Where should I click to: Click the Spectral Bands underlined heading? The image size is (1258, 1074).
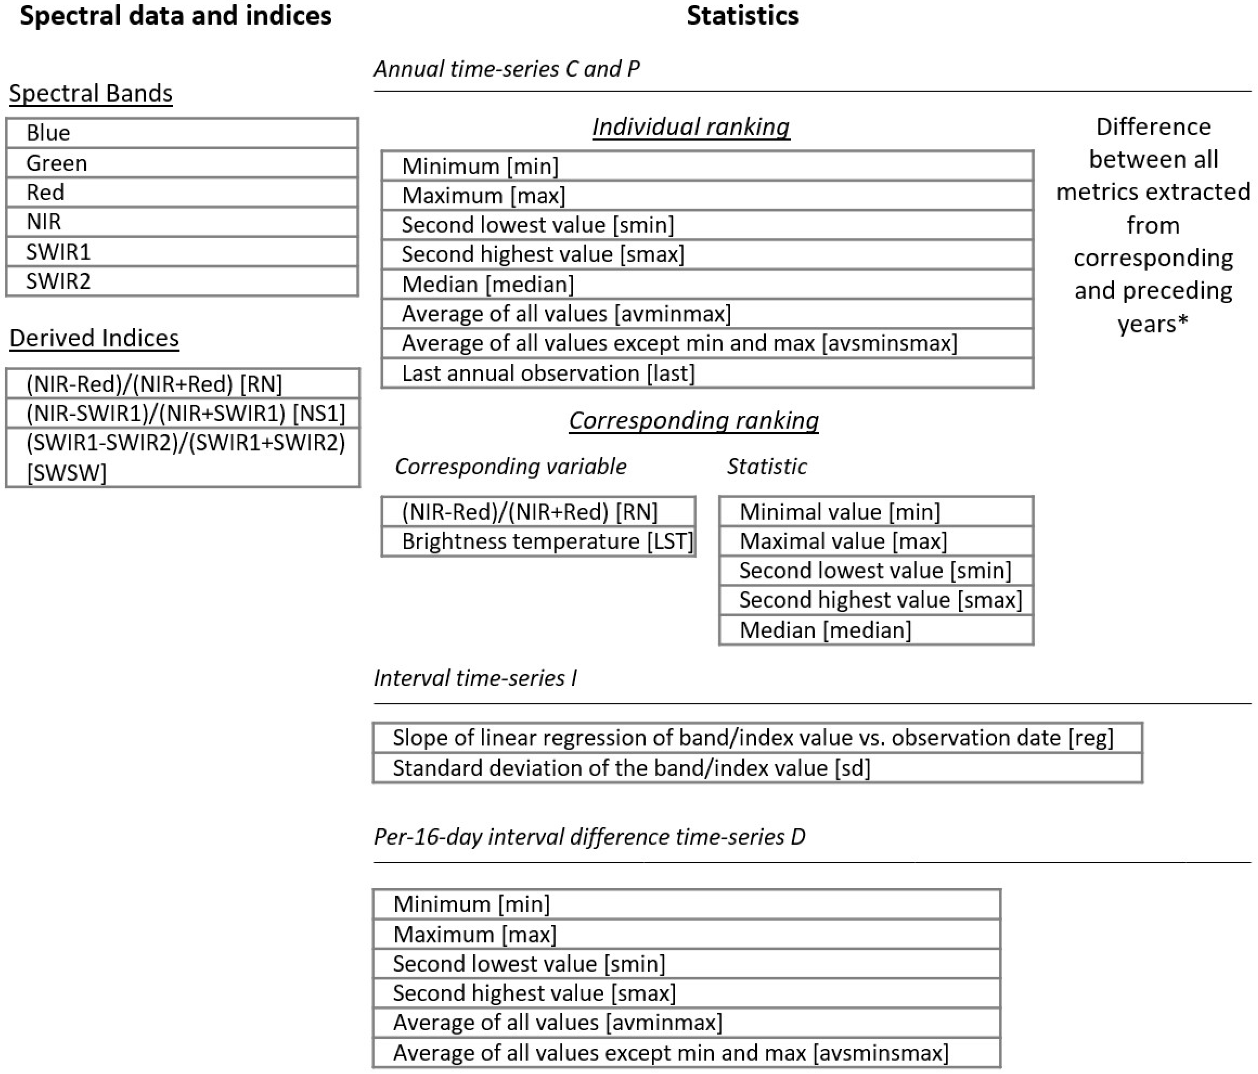click(x=91, y=93)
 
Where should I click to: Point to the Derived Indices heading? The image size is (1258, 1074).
click(x=94, y=338)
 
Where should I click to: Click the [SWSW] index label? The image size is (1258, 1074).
click(x=67, y=472)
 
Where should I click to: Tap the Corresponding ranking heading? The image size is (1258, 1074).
click(x=693, y=420)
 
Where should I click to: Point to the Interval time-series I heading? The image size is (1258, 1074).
click(x=475, y=678)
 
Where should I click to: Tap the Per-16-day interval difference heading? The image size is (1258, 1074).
click(x=589, y=837)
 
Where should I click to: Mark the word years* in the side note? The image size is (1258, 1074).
click(x=1153, y=324)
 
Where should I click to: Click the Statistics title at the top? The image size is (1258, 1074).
click(x=742, y=16)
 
